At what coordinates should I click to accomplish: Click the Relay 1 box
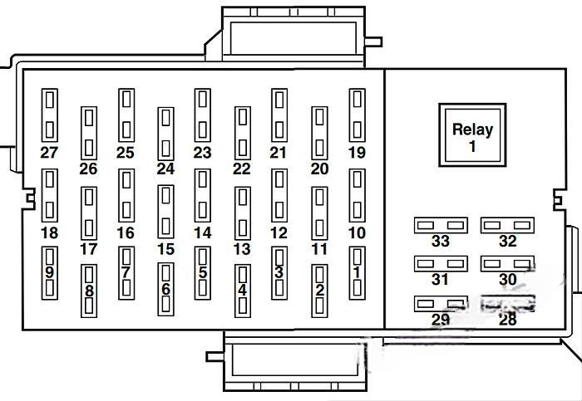tap(472, 137)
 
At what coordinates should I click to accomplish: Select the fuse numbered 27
tap(50, 116)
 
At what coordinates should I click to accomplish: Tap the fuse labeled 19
tap(357, 116)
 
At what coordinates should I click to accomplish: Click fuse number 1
tap(357, 273)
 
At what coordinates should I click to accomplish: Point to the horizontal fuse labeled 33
tap(441, 225)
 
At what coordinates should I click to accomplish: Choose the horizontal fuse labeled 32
tap(507, 225)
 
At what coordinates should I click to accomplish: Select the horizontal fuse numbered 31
tap(441, 264)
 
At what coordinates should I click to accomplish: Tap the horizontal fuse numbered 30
tap(507, 264)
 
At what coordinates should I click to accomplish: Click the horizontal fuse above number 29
tap(441, 304)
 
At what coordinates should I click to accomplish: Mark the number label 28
tap(507, 320)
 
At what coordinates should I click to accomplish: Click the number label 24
tap(165, 169)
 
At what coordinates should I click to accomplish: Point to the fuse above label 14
tap(203, 196)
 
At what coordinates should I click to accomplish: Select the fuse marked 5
tap(203, 273)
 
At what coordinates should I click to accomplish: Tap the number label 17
tap(88, 249)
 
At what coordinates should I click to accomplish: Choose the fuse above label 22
tap(242, 133)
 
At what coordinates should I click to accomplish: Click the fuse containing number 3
tap(279, 273)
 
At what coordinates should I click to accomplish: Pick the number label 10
tap(357, 233)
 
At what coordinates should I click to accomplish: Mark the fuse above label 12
tap(279, 196)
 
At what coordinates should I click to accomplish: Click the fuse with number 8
tap(89, 291)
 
